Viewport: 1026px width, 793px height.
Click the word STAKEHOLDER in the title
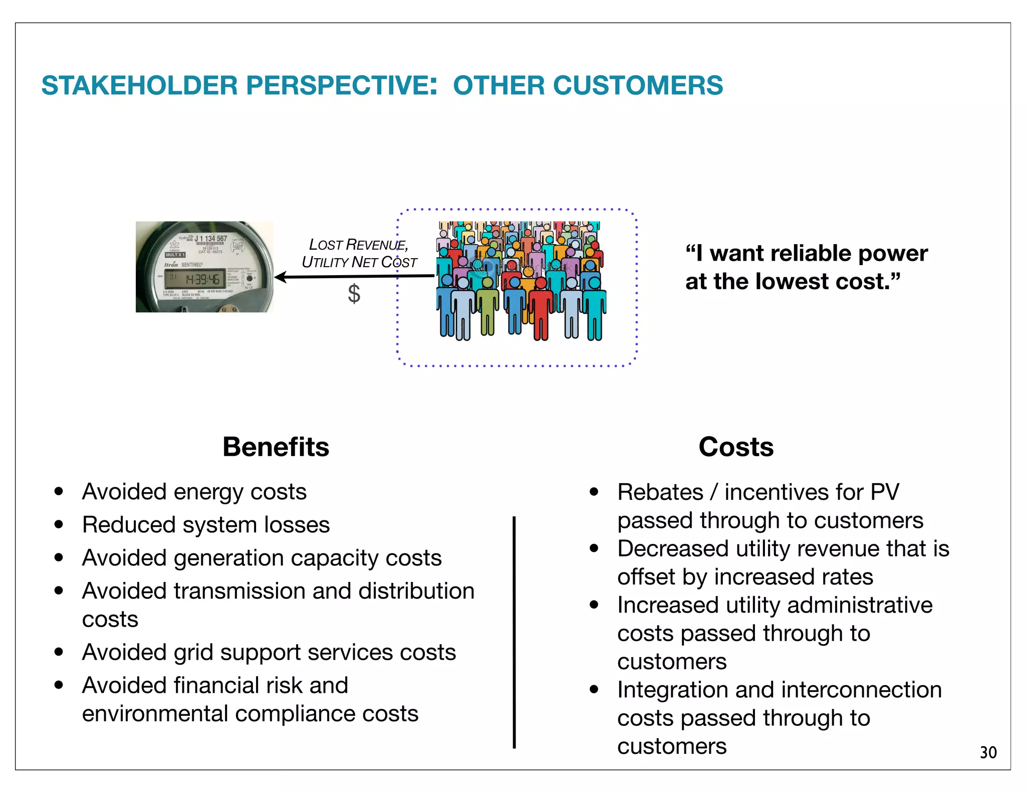(139, 85)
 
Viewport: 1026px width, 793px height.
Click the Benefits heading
(276, 447)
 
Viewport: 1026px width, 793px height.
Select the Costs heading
(735, 447)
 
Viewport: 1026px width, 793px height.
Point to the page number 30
(988, 752)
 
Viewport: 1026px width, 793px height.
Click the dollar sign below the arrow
(354, 294)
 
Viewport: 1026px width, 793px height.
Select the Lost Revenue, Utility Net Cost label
(359, 253)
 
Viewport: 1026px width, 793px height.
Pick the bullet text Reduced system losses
(206, 525)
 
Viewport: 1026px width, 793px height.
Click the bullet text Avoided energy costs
(194, 492)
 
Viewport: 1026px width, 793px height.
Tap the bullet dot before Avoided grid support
(59, 652)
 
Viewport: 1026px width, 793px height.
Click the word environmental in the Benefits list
(155, 713)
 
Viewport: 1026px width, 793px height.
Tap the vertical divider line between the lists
(514, 632)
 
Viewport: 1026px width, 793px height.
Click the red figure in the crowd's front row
(540, 311)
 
